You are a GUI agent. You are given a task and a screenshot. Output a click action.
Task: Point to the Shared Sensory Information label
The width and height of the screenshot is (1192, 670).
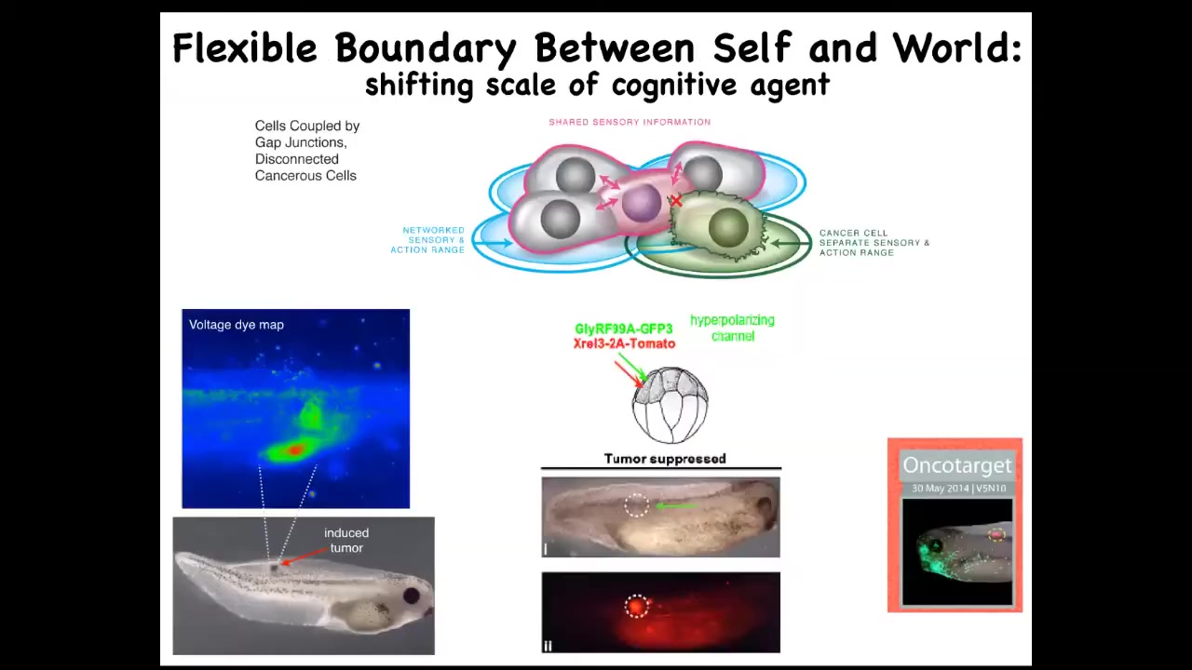pyautogui.click(x=630, y=122)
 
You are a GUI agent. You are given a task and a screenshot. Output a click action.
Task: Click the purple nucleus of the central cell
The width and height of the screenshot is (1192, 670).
pyautogui.click(x=642, y=203)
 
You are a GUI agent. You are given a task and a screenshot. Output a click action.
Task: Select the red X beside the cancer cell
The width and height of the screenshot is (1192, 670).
pyautogui.click(x=676, y=201)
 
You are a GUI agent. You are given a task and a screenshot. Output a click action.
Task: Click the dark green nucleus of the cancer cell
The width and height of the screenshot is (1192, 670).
pyautogui.click(x=728, y=227)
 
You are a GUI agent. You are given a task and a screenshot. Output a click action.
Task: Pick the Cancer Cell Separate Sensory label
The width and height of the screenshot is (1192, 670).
pyautogui.click(x=874, y=243)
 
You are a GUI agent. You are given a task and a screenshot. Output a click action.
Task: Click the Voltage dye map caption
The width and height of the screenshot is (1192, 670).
pyautogui.click(x=237, y=325)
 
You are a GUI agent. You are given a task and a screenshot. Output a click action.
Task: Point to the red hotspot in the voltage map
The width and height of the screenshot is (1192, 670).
pyautogui.click(x=294, y=450)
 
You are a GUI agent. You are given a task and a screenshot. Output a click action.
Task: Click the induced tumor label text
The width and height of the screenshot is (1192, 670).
pyautogui.click(x=346, y=541)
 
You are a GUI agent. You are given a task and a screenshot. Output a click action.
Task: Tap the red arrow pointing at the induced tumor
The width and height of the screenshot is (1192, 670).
pyautogui.click(x=305, y=556)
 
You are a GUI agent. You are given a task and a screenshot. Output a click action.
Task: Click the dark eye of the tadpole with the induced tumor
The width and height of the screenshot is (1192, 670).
pyautogui.click(x=411, y=595)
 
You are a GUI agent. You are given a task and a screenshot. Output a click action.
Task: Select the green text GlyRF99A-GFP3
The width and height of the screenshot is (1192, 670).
pyautogui.click(x=624, y=329)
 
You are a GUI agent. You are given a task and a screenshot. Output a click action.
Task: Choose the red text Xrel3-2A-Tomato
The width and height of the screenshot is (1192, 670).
pyautogui.click(x=624, y=343)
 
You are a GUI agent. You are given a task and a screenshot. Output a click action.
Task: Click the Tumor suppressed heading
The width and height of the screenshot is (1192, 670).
pyautogui.click(x=665, y=459)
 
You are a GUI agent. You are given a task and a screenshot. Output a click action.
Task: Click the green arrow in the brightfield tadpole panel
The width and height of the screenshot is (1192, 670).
pyautogui.click(x=675, y=505)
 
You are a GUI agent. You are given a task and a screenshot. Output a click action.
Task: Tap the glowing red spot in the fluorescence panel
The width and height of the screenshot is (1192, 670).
pyautogui.click(x=635, y=606)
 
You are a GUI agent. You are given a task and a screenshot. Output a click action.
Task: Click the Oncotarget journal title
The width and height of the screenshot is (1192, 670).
pyautogui.click(x=956, y=465)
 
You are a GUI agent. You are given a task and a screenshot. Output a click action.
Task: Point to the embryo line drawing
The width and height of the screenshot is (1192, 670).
pyautogui.click(x=670, y=405)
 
